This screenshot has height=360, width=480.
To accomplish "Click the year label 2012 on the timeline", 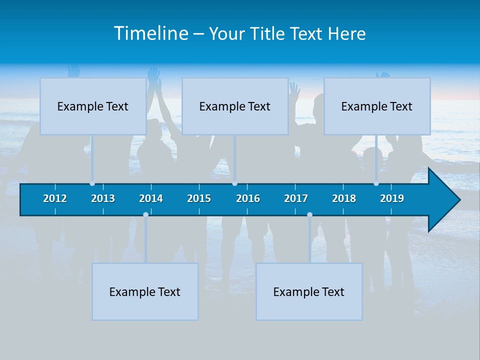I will coord(55,198).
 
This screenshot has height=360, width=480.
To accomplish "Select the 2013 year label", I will coord(103,198).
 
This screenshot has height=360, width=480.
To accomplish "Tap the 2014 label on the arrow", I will coord(151,198).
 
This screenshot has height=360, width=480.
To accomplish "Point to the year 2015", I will coord(199,198).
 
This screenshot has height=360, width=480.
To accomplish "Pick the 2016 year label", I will coord(248,198).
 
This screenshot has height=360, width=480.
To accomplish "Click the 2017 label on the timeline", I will coord(296,198).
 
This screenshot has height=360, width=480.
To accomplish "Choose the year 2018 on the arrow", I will coord(344,198).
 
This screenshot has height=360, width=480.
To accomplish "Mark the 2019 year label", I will coord(392,198).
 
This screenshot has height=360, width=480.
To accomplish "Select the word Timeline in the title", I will coord(150,33).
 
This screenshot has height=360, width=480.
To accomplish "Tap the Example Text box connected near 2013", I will coord(93,106).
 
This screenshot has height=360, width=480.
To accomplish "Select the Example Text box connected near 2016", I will coord(235,106).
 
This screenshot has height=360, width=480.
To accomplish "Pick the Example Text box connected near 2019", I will coord(377,106).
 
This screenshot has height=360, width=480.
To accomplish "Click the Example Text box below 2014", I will coord(145,291).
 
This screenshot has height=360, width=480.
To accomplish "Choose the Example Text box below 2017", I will coord(309,291).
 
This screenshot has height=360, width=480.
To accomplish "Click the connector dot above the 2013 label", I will coord(92,183).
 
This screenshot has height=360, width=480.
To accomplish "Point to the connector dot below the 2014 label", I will coord(145,215).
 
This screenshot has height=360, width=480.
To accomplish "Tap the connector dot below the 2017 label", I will coord(309,215).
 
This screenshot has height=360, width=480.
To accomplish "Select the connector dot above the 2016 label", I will coord(234,183).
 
